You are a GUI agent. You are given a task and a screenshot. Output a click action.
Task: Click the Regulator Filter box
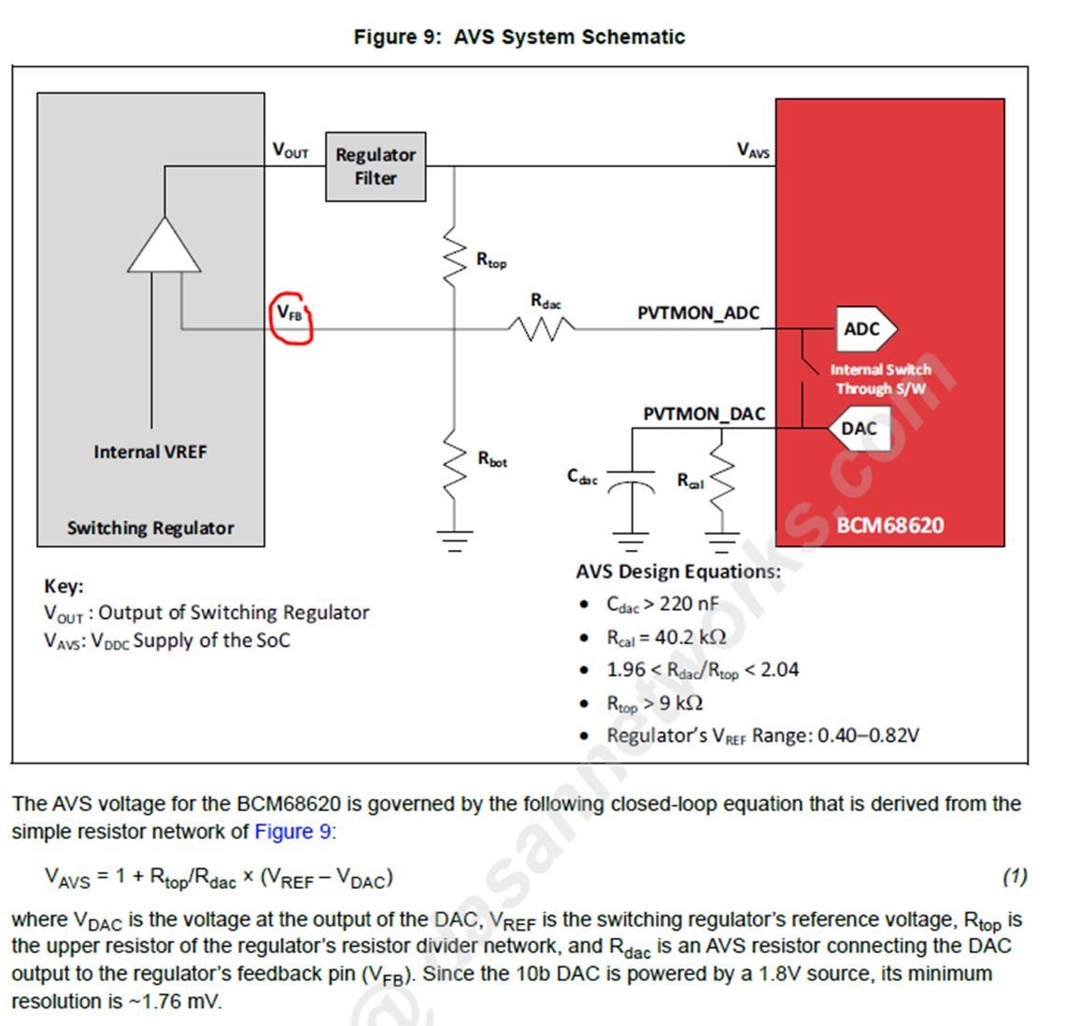(x=376, y=166)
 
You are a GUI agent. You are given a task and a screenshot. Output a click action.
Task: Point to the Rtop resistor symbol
(x=454, y=255)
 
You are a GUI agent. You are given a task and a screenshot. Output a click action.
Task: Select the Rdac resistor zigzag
(x=541, y=329)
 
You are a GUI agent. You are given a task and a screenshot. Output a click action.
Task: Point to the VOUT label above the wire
(x=290, y=150)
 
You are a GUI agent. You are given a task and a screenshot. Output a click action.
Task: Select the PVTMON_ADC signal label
(x=698, y=313)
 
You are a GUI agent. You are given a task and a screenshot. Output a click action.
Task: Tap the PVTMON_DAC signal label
(x=703, y=415)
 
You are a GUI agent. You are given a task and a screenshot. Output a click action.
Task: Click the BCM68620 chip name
(x=890, y=525)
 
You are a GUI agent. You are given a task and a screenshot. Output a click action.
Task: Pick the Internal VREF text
(x=150, y=452)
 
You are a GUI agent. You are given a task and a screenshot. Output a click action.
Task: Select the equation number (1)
(x=1015, y=876)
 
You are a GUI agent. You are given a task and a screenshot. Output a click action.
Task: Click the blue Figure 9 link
(x=293, y=831)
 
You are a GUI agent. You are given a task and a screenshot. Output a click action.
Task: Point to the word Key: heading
(x=64, y=586)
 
